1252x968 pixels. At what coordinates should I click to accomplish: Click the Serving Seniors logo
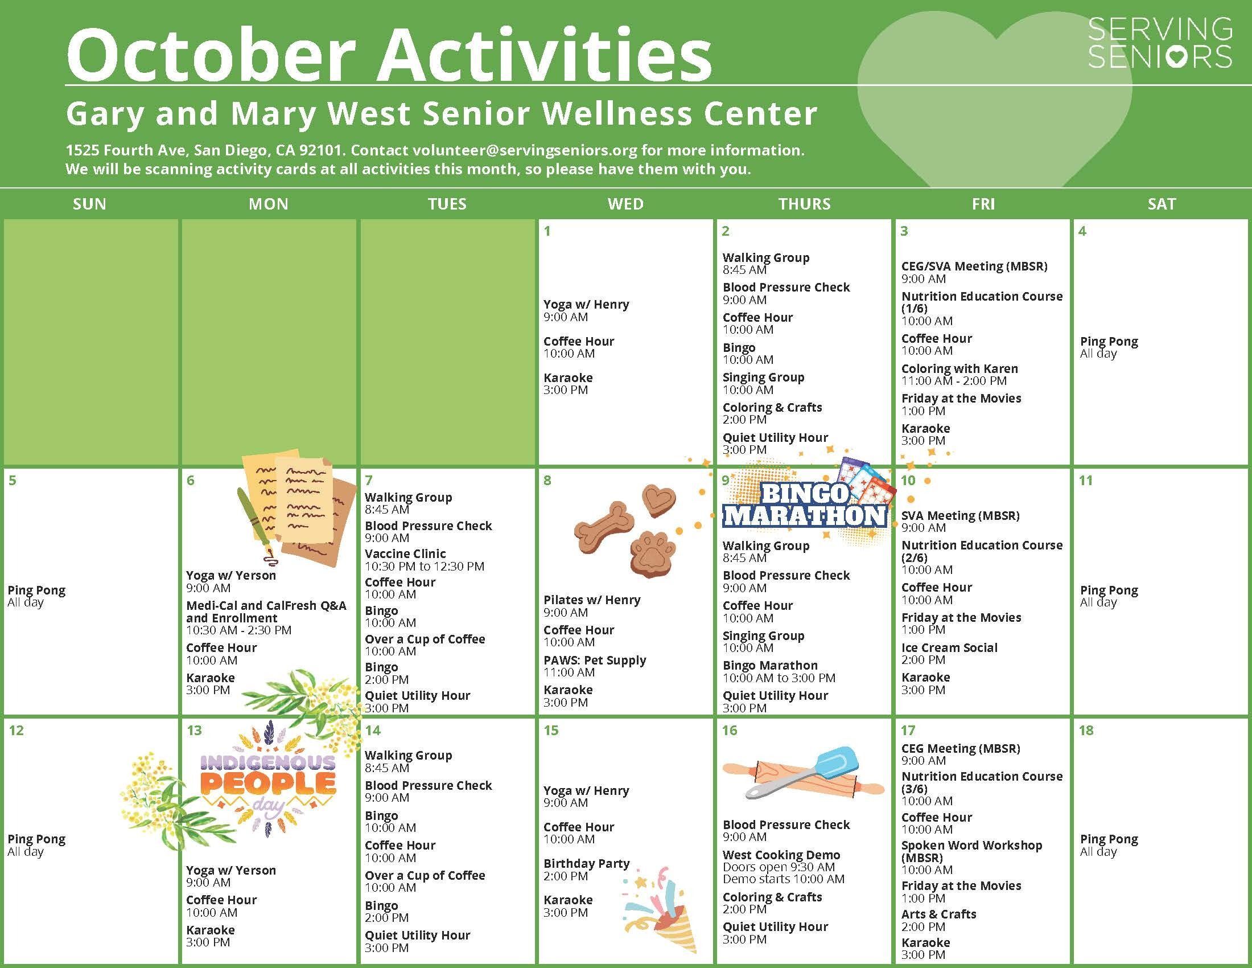click(1160, 43)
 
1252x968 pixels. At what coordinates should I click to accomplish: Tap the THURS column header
click(804, 204)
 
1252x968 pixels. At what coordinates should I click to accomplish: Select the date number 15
click(551, 730)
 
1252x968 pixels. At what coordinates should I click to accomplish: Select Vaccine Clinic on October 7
click(405, 553)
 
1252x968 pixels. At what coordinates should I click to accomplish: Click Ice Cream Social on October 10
click(949, 647)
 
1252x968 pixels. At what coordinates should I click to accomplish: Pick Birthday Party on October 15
click(586, 863)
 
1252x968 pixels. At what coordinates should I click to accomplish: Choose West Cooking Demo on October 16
click(781, 855)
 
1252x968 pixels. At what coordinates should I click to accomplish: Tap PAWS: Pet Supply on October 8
click(595, 660)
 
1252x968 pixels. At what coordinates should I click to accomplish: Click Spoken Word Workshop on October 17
click(971, 851)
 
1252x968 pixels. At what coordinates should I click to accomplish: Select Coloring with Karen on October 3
click(959, 368)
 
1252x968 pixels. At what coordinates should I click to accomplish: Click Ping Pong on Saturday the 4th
click(1109, 341)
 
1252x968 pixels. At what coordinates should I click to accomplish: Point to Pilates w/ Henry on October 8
click(592, 600)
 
